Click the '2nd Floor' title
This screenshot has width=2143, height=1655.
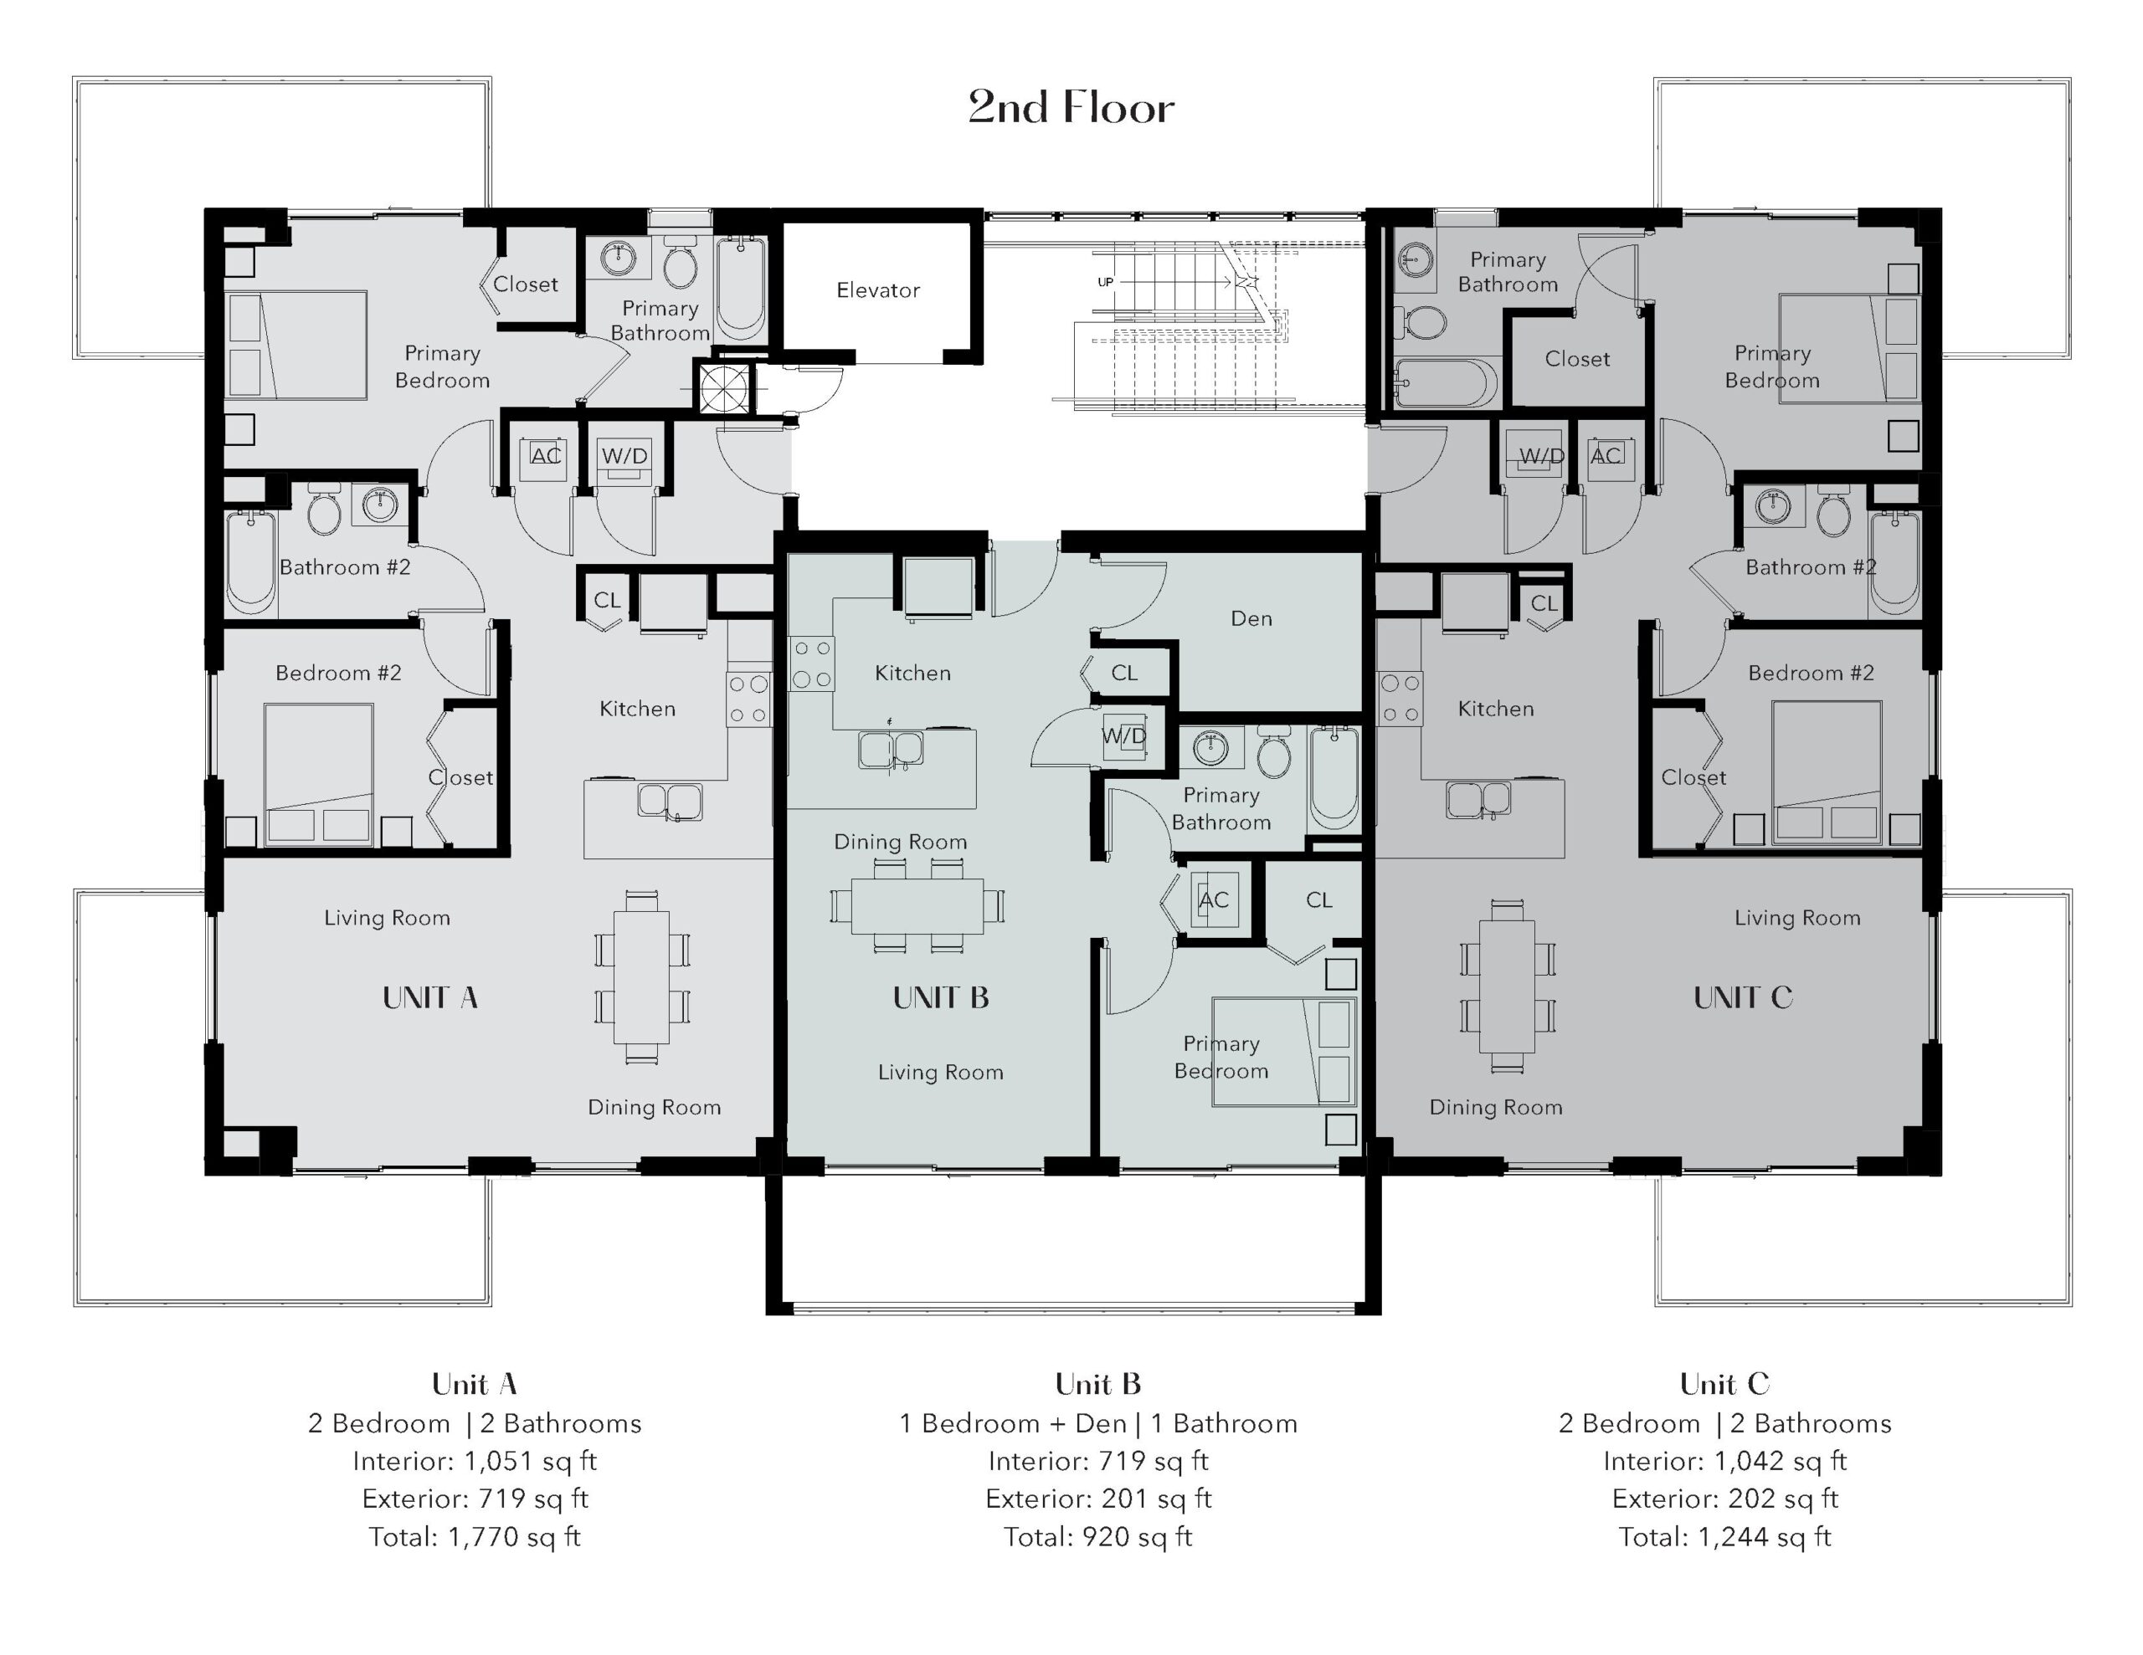coord(1071,107)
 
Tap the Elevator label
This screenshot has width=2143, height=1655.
coord(878,290)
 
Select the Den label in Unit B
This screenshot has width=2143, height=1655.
coord(1251,618)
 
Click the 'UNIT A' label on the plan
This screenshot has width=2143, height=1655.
coord(429,997)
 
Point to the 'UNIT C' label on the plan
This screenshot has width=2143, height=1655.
coord(1743,997)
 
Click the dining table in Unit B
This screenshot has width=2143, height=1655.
coord(917,905)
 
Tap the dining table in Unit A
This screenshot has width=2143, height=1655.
coord(642,977)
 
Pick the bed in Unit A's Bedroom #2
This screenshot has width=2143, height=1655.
coord(319,774)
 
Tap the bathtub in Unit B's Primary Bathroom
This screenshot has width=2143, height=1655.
coord(1334,777)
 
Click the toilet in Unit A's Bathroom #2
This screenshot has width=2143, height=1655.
coord(324,511)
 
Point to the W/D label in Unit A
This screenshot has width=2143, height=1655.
coord(625,455)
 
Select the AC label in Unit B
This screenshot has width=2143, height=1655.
coord(1214,899)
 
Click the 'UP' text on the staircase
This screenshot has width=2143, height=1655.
coord(1106,283)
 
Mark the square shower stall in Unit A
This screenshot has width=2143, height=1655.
coord(725,387)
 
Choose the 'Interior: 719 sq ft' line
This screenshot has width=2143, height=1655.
coord(1098,1462)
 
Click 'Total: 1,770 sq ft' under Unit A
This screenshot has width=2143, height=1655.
coord(475,1537)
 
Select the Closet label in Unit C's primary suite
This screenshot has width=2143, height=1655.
coord(1577,359)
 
